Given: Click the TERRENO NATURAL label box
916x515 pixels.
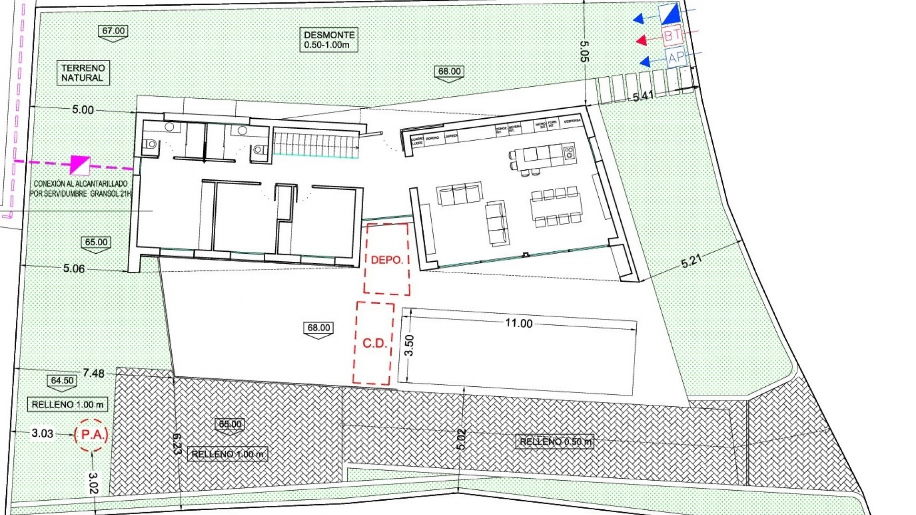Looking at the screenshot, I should [83, 73].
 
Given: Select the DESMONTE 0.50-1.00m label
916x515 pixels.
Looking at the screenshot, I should [329, 40].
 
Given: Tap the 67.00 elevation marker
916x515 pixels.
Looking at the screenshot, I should [114, 31].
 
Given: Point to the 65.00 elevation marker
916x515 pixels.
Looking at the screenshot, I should [96, 243].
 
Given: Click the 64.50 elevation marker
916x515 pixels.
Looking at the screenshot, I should [62, 381].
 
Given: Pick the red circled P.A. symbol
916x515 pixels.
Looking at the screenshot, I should [91, 435].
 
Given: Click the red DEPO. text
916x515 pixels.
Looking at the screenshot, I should [387, 260].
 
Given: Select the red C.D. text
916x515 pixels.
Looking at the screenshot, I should [375, 343].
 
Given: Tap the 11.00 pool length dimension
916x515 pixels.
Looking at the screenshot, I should [519, 323].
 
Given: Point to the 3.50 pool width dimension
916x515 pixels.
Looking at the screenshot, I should [409, 345].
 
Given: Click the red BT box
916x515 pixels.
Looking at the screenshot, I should [672, 35].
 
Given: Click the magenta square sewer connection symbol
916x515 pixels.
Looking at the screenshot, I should [80, 165].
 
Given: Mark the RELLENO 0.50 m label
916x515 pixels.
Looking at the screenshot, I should [555, 442].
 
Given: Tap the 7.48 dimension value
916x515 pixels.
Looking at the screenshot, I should [94, 373].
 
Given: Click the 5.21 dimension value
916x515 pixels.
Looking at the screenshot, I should [691, 261].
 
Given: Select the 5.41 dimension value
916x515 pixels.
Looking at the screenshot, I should [643, 96].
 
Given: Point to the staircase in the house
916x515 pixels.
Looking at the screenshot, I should [316, 145].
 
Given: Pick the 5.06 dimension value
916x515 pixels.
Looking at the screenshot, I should [74, 268].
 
